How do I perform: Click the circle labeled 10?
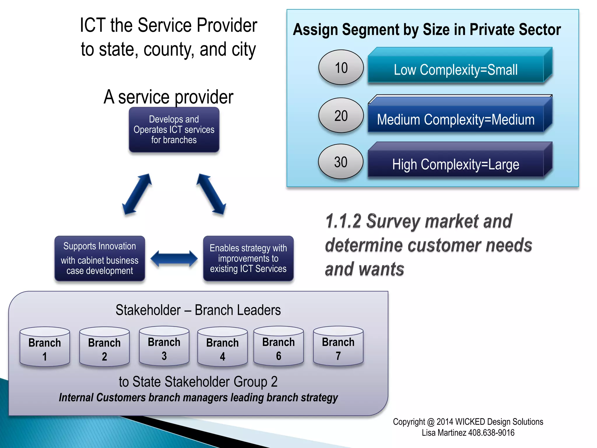341,67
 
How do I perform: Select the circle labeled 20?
341,116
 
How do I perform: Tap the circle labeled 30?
340,162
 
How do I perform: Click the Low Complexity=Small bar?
456,70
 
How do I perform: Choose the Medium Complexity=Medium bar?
456,119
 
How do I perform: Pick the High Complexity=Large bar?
456,164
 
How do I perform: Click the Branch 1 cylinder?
45,347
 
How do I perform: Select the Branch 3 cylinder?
164,346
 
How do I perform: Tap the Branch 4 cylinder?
222,347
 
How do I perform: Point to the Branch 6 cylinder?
278,346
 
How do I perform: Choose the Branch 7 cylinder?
338,346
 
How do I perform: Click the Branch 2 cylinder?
104,347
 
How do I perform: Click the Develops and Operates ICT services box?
174,129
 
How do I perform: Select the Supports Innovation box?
100,258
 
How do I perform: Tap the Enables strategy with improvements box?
248,258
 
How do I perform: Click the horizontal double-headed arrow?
174,258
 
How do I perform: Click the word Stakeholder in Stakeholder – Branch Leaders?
148,310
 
